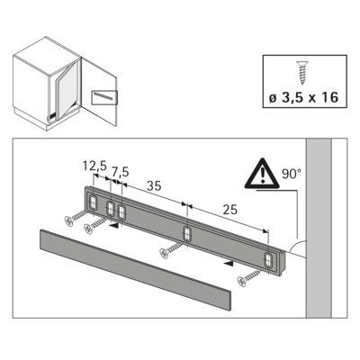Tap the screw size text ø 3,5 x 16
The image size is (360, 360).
[x=304, y=95]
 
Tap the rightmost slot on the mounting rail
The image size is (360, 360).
[x=269, y=260]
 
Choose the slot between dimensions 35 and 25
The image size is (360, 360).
[x=187, y=234]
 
